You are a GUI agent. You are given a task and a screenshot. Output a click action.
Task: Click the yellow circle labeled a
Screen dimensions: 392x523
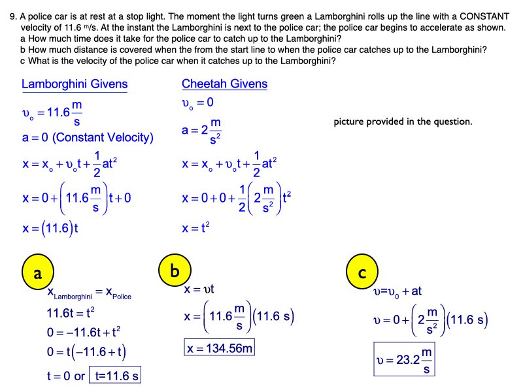(38, 274)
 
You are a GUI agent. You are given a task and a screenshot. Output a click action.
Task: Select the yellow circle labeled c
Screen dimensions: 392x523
(362, 274)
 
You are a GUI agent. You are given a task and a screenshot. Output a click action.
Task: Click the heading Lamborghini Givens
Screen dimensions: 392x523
(75, 84)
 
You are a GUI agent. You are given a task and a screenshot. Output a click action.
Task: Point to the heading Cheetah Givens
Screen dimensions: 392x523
(224, 84)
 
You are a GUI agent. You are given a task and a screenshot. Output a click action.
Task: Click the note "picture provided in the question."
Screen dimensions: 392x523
(402, 122)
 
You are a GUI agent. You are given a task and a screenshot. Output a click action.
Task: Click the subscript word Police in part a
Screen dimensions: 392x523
(119, 297)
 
